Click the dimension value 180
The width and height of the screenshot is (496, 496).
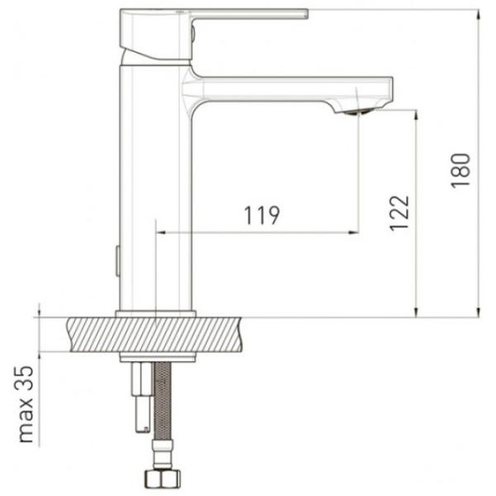click(460, 171)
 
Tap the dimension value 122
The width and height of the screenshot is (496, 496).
click(399, 213)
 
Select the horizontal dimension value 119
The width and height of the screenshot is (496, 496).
click(262, 215)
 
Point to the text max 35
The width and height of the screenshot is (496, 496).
click(26, 404)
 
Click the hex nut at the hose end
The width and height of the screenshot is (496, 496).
click(163, 479)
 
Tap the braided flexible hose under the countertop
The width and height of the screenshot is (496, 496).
click(162, 401)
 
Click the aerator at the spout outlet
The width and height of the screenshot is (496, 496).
click(359, 112)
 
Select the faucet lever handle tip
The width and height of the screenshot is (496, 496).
click(307, 13)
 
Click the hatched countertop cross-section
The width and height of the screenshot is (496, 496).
click(155, 335)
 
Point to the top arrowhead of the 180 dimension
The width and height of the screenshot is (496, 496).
click(479, 14)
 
